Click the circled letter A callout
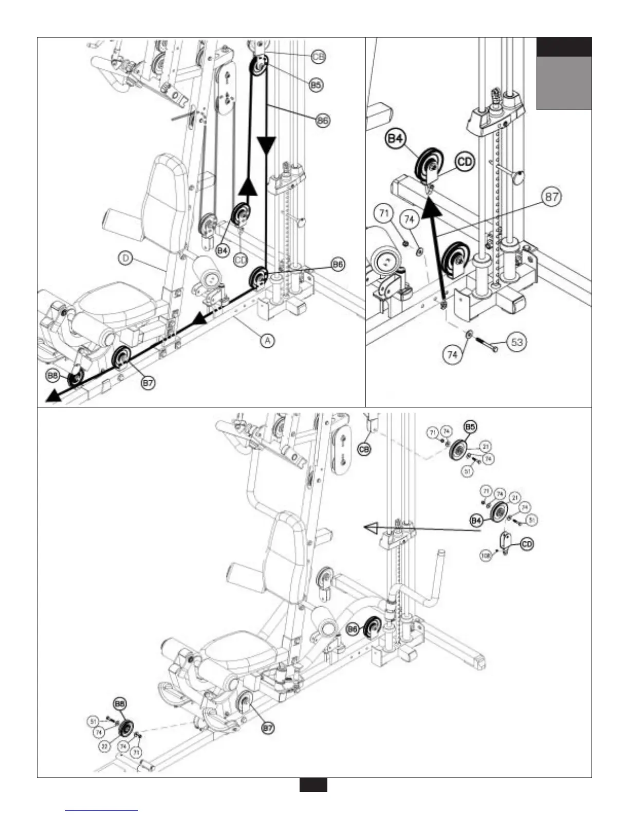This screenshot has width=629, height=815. point(266,340)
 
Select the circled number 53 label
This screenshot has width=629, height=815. point(517,342)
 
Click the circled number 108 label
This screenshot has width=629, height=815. point(484,554)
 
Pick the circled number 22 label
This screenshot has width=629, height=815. point(104,746)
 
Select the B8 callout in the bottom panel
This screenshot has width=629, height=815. point(120,704)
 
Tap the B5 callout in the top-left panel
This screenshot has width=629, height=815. point(316,85)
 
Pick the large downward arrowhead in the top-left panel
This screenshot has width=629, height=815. point(266,147)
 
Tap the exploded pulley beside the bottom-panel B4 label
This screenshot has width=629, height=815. point(498,512)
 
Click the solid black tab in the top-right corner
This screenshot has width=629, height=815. point(564,47)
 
